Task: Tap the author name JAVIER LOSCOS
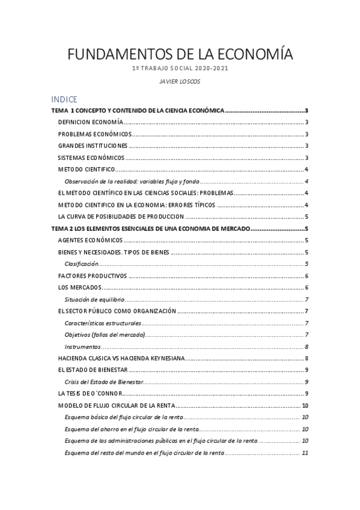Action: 180,81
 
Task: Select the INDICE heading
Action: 64,100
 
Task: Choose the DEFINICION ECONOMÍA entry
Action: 91,122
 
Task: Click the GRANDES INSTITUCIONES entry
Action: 93,146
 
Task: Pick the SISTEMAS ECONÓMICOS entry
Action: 91,158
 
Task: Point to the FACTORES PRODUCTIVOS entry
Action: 93,275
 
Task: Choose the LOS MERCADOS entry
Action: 80,287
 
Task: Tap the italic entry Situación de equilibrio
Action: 94,300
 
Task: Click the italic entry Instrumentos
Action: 83,346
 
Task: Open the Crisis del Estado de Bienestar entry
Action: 103,382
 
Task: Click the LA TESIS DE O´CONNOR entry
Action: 91,393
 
